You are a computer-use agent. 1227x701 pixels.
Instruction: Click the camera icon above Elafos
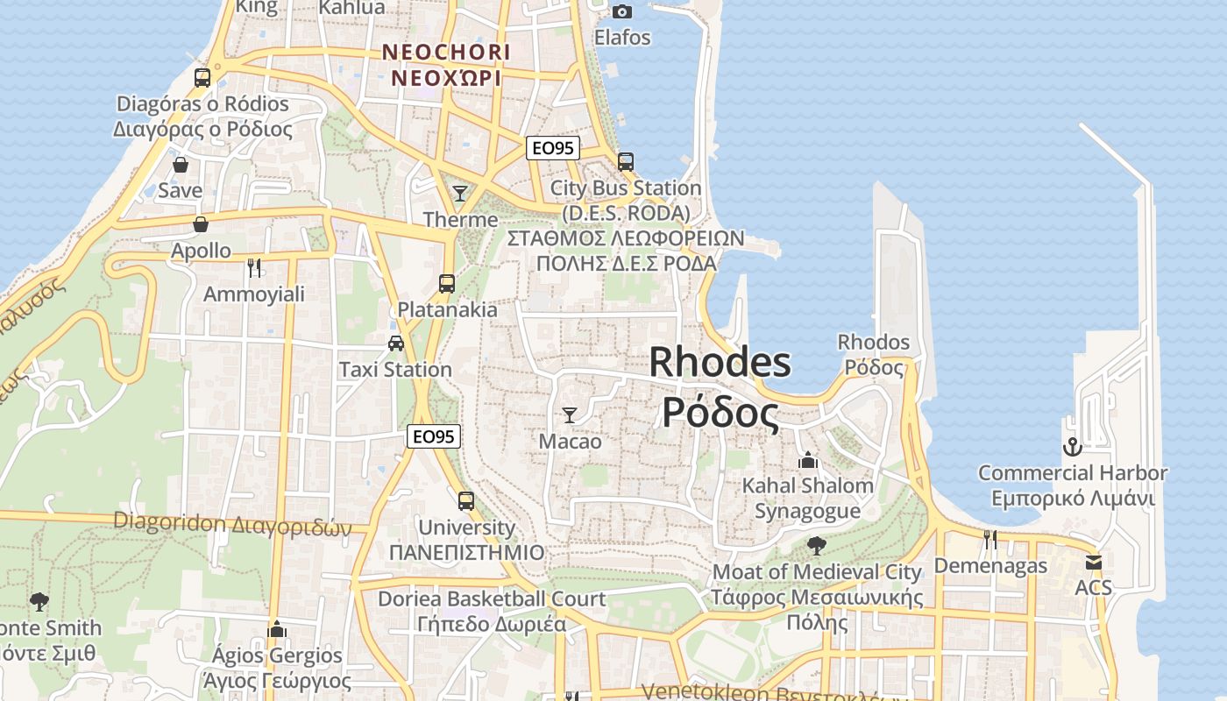coord(622,11)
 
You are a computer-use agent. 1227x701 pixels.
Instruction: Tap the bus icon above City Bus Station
coord(626,161)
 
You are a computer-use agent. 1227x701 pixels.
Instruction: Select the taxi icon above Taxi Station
coord(396,343)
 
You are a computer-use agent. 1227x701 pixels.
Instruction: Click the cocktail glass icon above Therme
coord(460,193)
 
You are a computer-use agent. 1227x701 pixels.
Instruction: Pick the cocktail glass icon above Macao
coord(570,414)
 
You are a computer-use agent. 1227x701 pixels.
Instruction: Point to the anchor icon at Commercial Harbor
coord(1072,447)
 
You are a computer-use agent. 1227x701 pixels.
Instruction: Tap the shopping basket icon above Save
coord(181,165)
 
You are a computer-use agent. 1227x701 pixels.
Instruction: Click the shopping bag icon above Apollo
coord(201,225)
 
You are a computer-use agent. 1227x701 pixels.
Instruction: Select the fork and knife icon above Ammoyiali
coord(254,267)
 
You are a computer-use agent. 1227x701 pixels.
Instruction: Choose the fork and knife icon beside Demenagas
coord(990,540)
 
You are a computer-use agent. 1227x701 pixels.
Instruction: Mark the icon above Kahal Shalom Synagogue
coord(807,459)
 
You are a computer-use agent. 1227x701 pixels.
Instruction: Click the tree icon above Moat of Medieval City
coord(816,546)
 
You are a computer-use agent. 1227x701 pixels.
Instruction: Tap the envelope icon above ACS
coord(1093,562)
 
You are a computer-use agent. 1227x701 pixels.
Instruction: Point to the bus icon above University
coord(466,501)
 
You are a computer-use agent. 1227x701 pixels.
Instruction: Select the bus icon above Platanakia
coord(447,283)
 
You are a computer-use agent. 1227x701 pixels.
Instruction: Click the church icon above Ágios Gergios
coord(277,629)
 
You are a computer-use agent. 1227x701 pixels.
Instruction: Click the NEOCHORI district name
coord(445,53)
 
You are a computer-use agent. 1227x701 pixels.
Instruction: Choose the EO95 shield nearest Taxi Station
coord(434,436)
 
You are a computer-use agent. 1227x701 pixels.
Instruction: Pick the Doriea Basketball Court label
coord(492,599)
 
